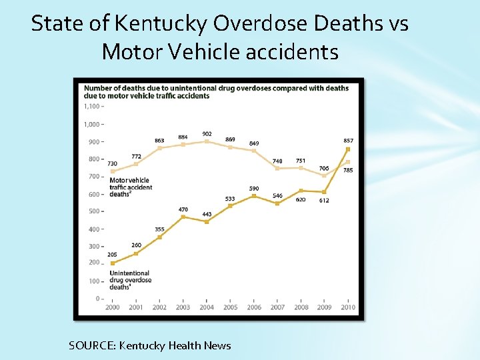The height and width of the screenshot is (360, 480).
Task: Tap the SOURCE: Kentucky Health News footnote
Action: tap(149, 345)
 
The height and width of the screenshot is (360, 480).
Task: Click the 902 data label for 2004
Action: tap(207, 134)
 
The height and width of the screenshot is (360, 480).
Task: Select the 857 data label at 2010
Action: tap(348, 141)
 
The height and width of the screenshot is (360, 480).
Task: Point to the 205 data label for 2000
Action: tap(112, 255)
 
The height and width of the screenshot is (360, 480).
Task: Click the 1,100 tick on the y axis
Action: tap(92, 106)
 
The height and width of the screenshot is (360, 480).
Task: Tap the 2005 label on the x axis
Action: tap(230, 307)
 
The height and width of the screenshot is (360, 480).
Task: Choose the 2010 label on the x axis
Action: tap(348, 307)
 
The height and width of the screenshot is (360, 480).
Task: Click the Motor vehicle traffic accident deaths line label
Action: tap(131, 187)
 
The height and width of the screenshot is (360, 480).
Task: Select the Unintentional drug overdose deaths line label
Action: tap(130, 280)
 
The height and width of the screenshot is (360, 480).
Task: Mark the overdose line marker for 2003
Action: tap(183, 217)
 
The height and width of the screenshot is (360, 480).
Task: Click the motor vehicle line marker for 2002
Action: tap(159, 148)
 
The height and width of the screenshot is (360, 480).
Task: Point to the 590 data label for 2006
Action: tap(254, 189)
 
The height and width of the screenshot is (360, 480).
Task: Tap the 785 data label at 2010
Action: tap(348, 171)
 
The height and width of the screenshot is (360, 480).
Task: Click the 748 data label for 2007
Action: tap(277, 161)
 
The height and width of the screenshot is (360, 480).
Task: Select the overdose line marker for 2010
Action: tap(347, 149)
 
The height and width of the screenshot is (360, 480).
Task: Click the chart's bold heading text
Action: tap(215, 92)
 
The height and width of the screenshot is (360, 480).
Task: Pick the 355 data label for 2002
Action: tap(159, 229)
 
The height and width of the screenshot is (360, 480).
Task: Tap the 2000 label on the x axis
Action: tap(112, 307)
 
